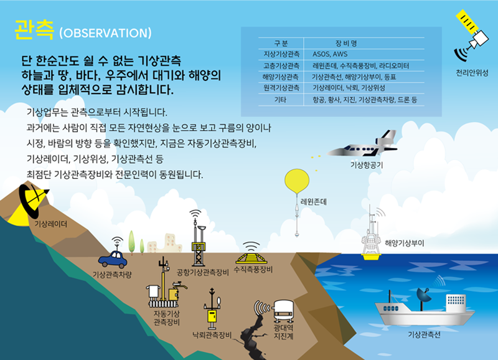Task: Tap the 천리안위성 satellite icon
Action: [x=472, y=35]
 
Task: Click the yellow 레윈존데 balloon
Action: [x=297, y=181]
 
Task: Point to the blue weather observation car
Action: [x=113, y=258]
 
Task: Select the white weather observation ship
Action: [x=423, y=309]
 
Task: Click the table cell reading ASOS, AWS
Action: [x=330, y=54]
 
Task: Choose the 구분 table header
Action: [x=280, y=44]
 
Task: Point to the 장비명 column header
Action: [x=345, y=44]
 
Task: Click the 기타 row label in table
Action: [x=280, y=99]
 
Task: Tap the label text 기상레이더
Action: [x=50, y=223]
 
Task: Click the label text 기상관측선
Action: [x=424, y=334]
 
